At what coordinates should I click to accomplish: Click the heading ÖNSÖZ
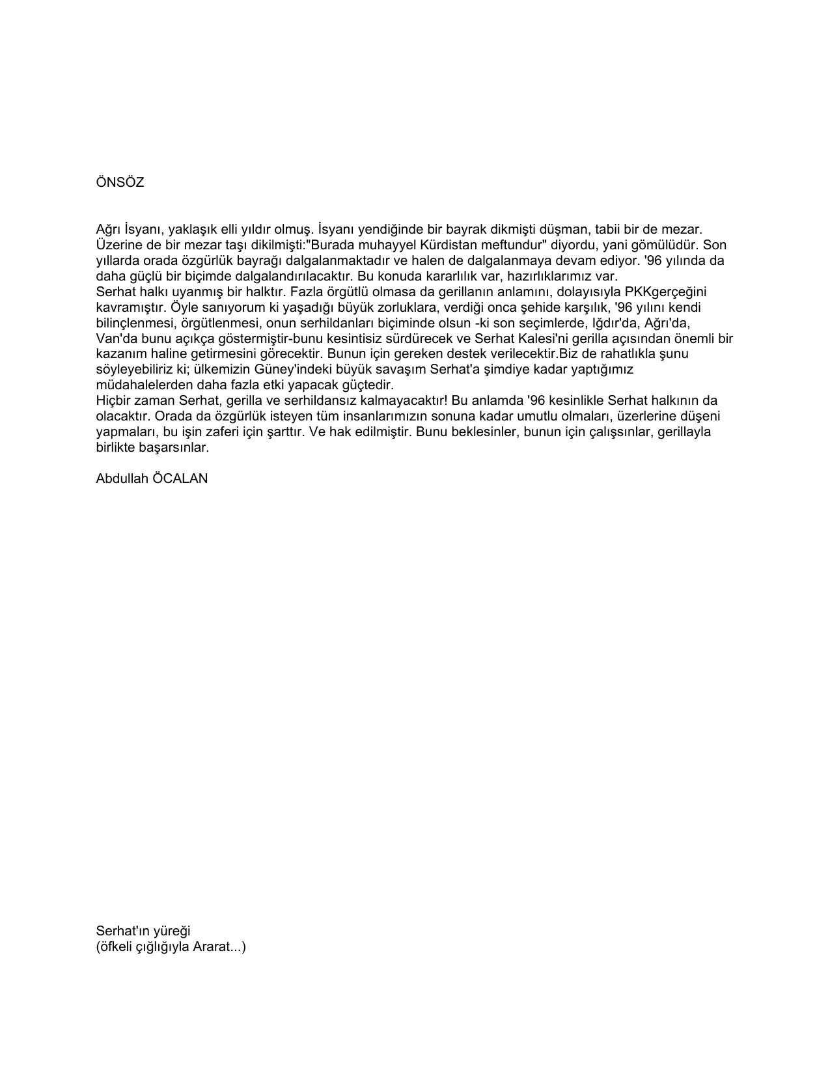click(120, 183)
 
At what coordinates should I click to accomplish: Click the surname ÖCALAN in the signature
click(180, 478)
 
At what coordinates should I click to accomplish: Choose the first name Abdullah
click(121, 478)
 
